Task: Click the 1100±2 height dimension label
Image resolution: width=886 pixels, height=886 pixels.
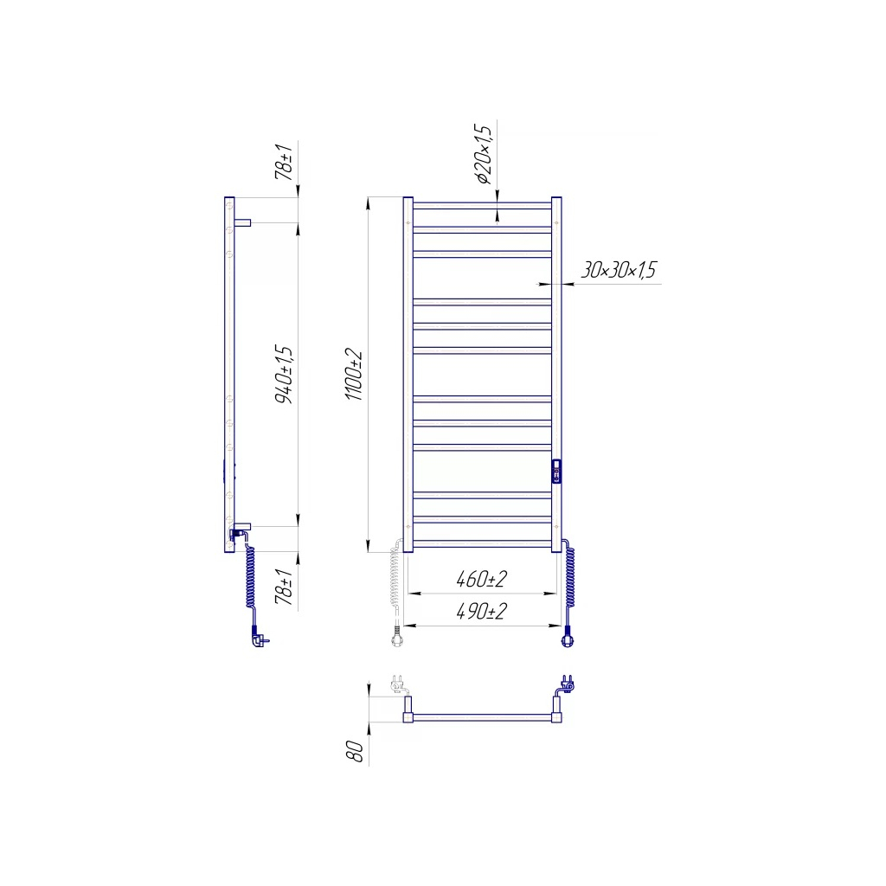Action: [354, 376]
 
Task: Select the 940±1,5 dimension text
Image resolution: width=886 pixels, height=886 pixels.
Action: [284, 375]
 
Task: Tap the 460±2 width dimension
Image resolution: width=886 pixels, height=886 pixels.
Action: [481, 579]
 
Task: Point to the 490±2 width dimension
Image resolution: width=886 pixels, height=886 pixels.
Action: [481, 612]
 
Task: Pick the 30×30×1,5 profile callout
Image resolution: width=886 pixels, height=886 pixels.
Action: [618, 270]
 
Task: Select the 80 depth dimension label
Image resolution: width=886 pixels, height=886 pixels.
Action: [356, 752]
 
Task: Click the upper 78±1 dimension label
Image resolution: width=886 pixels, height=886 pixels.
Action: [284, 163]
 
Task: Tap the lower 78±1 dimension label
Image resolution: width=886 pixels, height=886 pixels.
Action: [284, 587]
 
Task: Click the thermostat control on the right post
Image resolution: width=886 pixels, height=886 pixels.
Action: [556, 472]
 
